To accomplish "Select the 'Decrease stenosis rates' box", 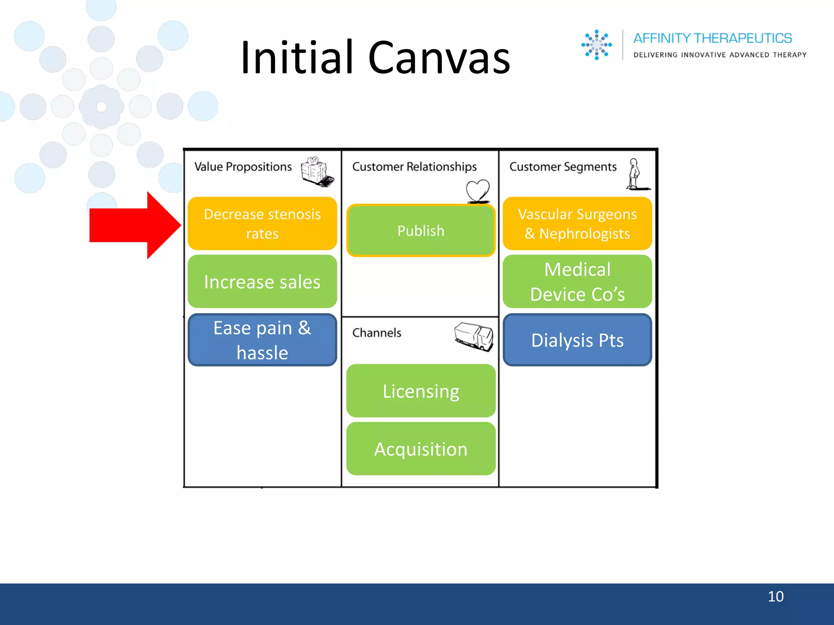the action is click(262, 224).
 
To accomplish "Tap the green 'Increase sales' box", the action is click(262, 282).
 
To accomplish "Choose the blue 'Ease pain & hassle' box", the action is click(262, 340).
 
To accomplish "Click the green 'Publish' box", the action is click(421, 231).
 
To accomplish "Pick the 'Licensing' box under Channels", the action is click(421, 391).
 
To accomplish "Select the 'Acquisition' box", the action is click(421, 449).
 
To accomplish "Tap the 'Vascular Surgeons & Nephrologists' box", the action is click(577, 224).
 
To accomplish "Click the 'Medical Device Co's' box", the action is click(577, 282).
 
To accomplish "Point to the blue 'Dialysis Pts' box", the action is click(577, 340).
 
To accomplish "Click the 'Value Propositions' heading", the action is click(243, 167).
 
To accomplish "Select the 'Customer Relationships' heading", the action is click(414, 167).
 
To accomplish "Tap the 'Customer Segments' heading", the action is click(563, 167).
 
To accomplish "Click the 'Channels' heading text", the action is click(377, 333).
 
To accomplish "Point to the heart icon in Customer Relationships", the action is click(478, 190).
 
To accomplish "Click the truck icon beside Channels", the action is click(474, 336).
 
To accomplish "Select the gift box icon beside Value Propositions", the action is click(317, 171).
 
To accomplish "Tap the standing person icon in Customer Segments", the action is click(634, 174).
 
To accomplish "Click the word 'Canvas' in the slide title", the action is click(439, 58).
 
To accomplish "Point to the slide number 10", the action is click(775, 597).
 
